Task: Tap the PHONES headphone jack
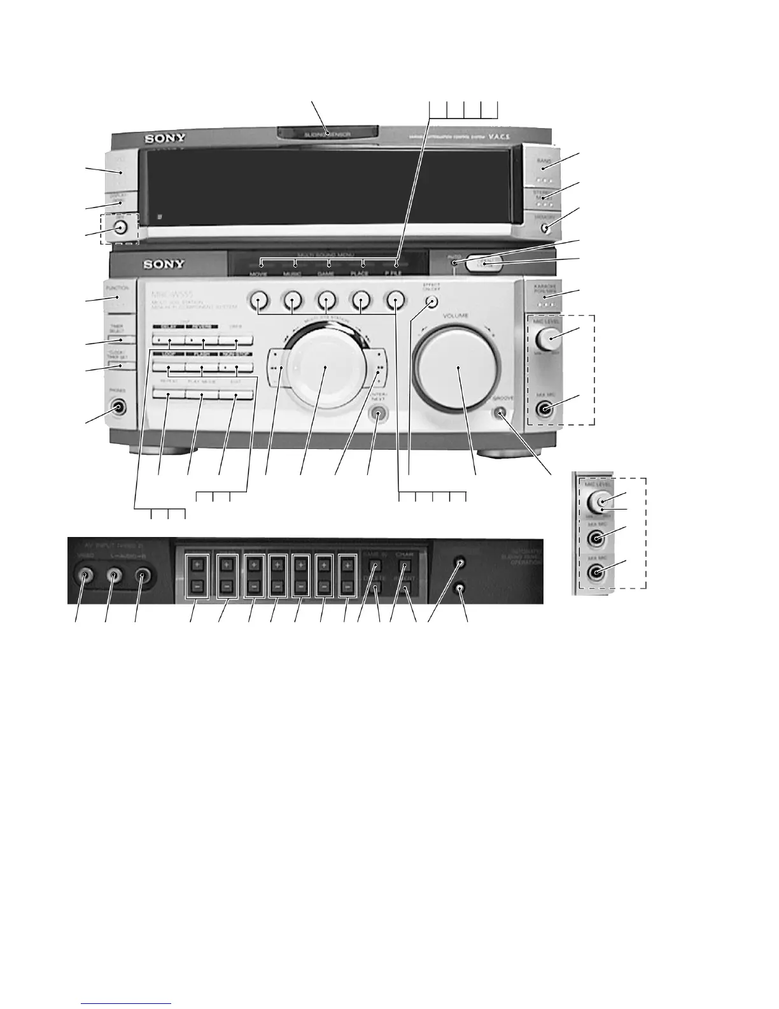point(118,406)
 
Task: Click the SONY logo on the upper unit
point(164,138)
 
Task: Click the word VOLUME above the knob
point(454,315)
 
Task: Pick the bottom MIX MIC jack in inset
point(596,572)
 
